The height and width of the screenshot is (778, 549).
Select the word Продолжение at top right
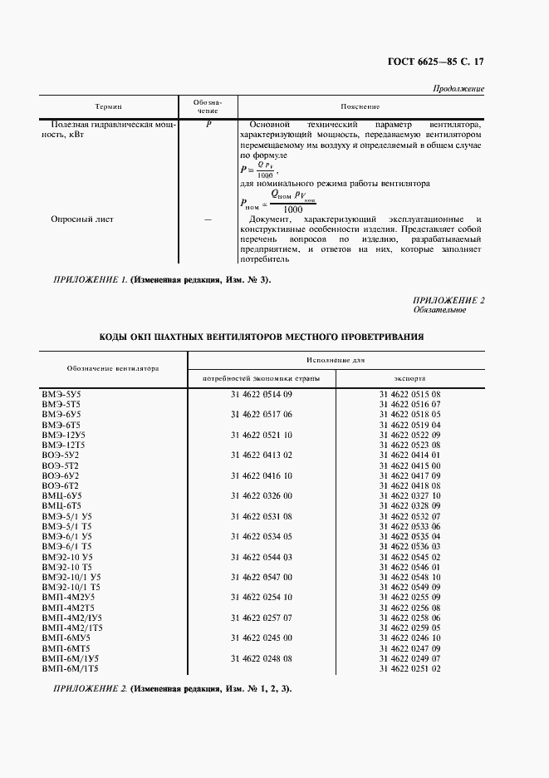click(458, 89)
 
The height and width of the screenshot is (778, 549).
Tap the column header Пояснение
click(360, 107)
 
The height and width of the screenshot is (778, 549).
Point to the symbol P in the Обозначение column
click(208, 124)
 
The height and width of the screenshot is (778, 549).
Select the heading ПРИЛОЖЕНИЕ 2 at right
click(448, 299)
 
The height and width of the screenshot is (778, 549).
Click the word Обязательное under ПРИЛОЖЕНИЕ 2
click(439, 309)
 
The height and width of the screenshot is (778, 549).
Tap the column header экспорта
click(409, 377)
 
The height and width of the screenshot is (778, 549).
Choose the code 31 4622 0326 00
click(262, 496)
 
